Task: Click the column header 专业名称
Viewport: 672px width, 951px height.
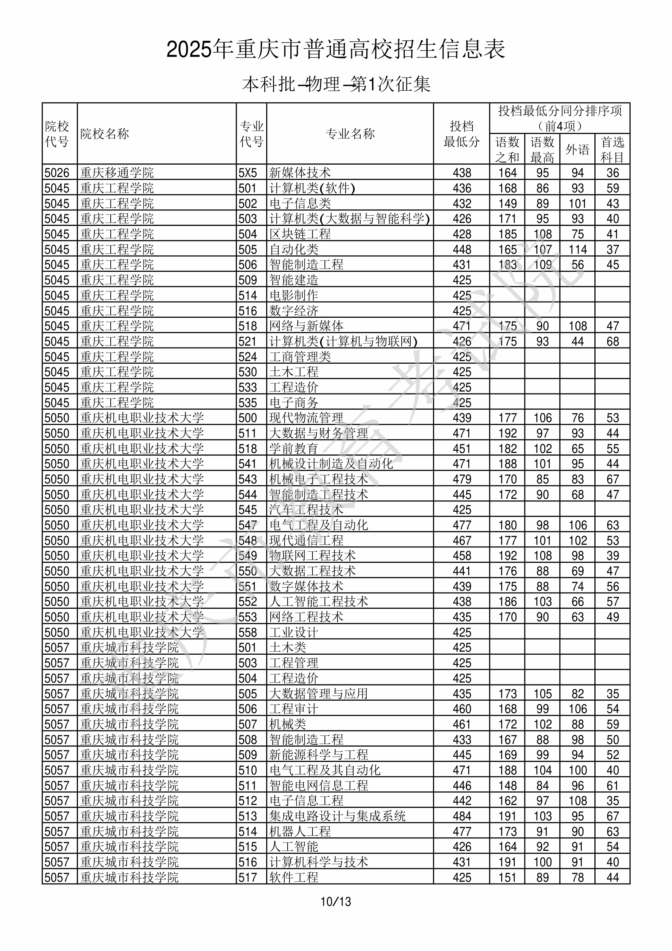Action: [x=350, y=134]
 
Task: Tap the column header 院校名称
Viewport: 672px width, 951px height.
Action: [x=105, y=134]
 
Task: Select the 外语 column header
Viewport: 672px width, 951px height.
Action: [x=577, y=149]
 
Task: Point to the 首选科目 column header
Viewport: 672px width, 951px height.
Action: [x=613, y=149]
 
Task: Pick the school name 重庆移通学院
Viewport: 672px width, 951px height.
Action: [x=117, y=173]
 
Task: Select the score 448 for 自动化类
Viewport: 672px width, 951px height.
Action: [x=462, y=249]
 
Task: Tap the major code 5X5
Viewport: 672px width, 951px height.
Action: [x=248, y=173]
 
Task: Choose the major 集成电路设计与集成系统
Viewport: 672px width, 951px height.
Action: [x=337, y=816]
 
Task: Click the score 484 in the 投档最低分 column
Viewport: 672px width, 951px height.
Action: [x=462, y=816]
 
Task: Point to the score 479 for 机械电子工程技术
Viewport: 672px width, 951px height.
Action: [x=462, y=479]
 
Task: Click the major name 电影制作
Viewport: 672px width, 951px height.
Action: [x=294, y=295]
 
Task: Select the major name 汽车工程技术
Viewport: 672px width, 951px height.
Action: [x=306, y=510]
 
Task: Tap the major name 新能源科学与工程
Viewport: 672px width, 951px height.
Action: [x=318, y=755]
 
